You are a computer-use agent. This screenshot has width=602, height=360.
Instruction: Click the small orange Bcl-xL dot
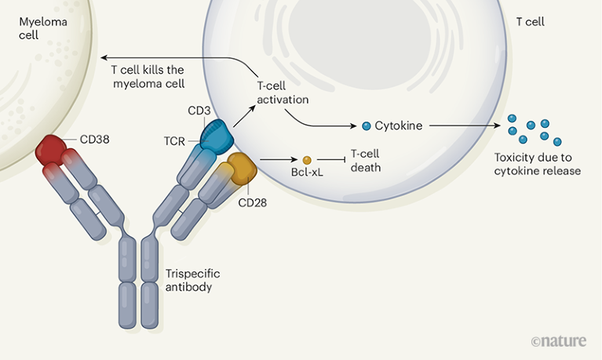(x=307, y=160)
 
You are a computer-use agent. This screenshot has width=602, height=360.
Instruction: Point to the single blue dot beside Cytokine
(x=366, y=125)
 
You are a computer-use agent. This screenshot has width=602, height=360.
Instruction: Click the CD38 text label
(x=95, y=140)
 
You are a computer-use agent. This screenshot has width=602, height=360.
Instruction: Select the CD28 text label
(x=254, y=203)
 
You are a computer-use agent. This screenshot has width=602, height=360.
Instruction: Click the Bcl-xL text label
(x=306, y=173)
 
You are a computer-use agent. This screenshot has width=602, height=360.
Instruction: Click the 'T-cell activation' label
(x=283, y=93)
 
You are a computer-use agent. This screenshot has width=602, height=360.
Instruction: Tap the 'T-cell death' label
(x=366, y=160)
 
